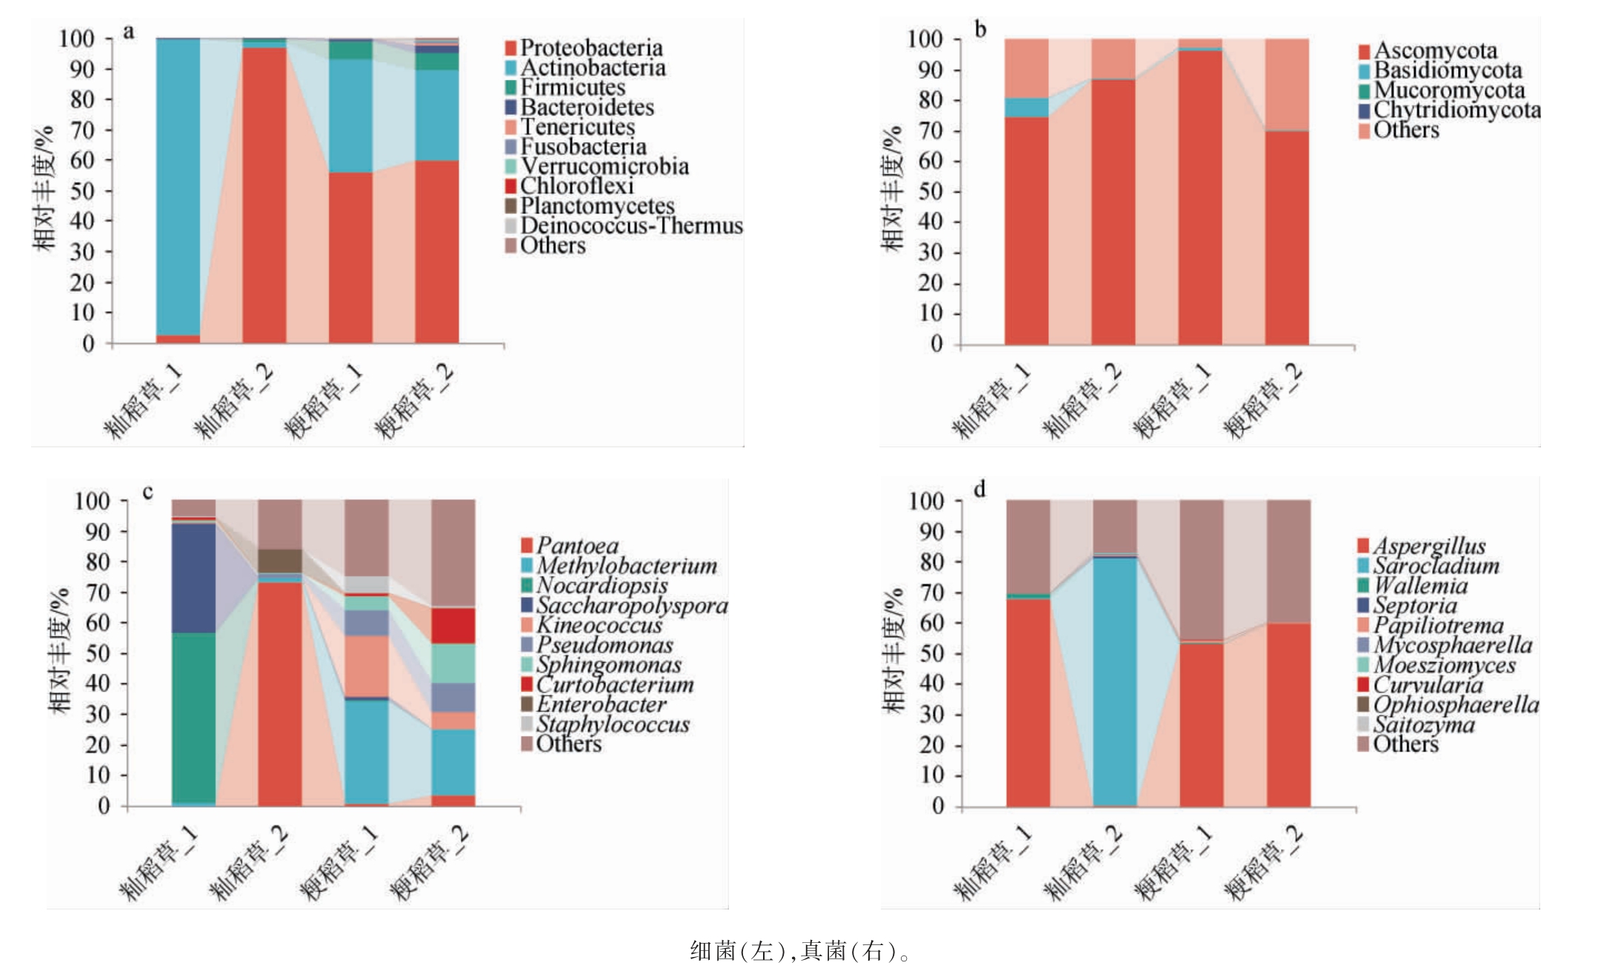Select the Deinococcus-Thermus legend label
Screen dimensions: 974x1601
point(630,226)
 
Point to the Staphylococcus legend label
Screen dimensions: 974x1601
point(612,724)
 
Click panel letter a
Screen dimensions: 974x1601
point(129,31)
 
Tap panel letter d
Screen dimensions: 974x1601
point(979,490)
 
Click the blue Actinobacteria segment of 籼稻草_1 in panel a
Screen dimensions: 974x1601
point(178,185)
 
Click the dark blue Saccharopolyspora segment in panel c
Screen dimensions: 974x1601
point(193,578)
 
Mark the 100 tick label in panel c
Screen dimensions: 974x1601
point(92,501)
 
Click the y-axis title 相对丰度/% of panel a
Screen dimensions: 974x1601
point(44,189)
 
